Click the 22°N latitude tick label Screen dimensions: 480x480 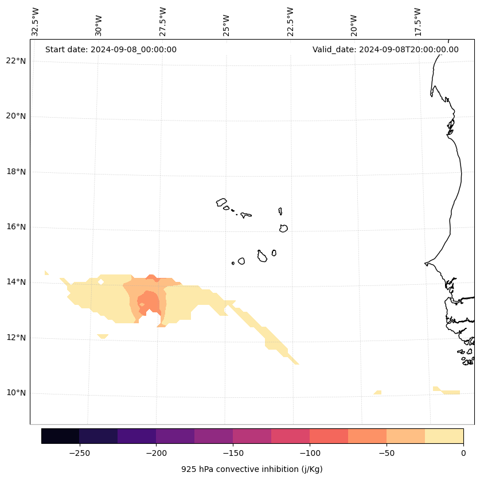pos(15,61)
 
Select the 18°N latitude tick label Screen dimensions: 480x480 pos(15,172)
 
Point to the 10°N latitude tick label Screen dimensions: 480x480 pos(15,393)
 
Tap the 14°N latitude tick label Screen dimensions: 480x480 pos(15,282)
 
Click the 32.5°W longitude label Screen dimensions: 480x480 pos(36,22)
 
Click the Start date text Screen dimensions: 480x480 pos(111,49)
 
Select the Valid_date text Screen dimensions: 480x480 pos(385,49)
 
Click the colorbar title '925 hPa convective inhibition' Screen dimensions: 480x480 pos(252,469)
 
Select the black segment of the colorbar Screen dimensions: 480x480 pos(60,436)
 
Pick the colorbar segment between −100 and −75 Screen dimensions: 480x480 pos(329,436)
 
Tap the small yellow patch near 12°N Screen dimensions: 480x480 pos(103,336)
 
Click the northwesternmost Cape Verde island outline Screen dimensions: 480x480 pos(221,202)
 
